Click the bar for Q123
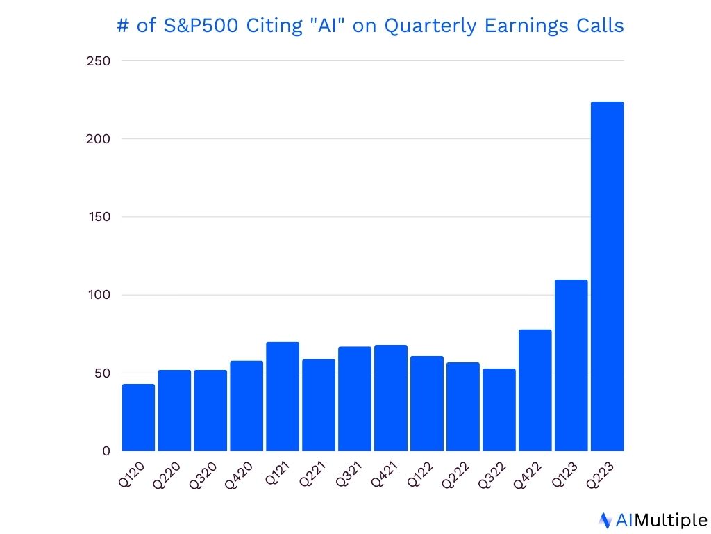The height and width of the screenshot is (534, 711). pos(571,366)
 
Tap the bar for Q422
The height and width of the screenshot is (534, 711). pos(535,391)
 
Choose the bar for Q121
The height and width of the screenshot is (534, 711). pos(283,397)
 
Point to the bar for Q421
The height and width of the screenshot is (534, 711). pos(390,398)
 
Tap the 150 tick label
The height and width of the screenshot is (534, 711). pos(99,217)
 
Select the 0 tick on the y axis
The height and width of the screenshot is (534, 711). pos(106,451)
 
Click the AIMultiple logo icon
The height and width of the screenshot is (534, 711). pos(605,520)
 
